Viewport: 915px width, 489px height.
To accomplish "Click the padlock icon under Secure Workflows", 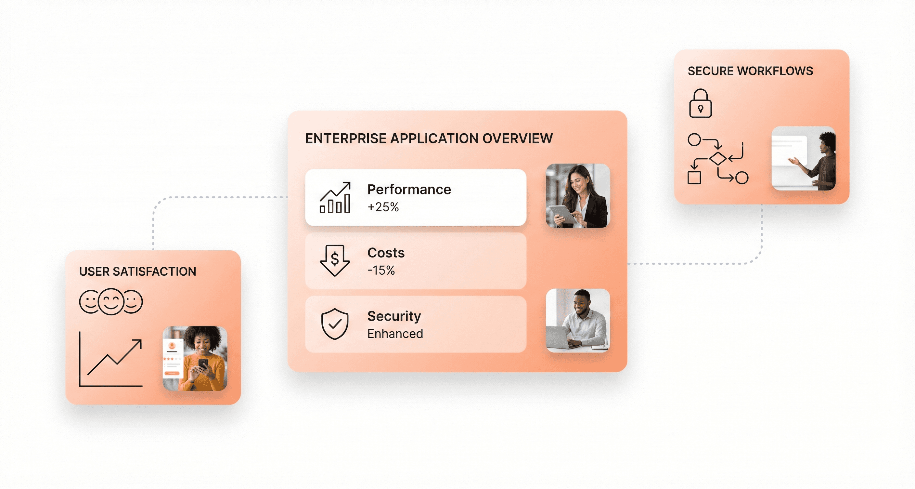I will point(700,104).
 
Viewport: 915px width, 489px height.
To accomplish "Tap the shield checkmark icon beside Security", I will point(335,324).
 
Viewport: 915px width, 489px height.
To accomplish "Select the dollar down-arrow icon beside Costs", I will point(335,260).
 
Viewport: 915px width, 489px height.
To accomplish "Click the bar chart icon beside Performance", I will point(335,198).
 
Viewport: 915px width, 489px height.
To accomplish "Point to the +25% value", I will point(383,207).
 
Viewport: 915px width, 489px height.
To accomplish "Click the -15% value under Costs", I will point(381,271).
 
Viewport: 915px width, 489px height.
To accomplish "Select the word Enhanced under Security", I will point(395,334).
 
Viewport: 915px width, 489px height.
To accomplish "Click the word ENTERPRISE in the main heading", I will point(345,139).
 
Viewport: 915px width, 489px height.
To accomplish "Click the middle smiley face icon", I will point(111,301).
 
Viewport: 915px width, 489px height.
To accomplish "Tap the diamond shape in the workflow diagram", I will point(718,158).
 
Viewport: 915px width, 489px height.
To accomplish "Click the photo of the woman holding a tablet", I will point(577,196).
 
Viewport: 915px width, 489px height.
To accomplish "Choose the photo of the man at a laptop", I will point(577,321).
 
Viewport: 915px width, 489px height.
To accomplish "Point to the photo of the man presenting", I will point(803,158).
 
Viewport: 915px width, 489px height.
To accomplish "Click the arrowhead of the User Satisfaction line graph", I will point(138,343).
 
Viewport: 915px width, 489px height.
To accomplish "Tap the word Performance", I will point(409,190).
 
